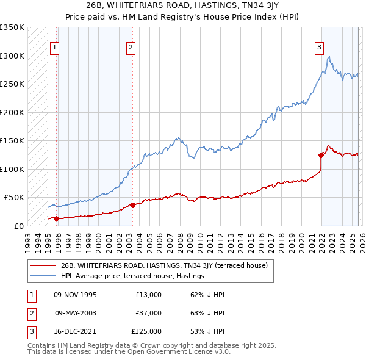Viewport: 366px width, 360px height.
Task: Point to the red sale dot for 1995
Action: (56, 218)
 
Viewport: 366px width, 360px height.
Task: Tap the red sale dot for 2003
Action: (132, 205)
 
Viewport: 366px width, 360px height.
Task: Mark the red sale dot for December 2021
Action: (321, 155)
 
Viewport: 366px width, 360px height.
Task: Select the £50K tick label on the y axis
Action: (14, 198)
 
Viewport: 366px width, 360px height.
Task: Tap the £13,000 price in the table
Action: (148, 295)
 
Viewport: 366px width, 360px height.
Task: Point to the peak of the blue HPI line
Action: (329, 57)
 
